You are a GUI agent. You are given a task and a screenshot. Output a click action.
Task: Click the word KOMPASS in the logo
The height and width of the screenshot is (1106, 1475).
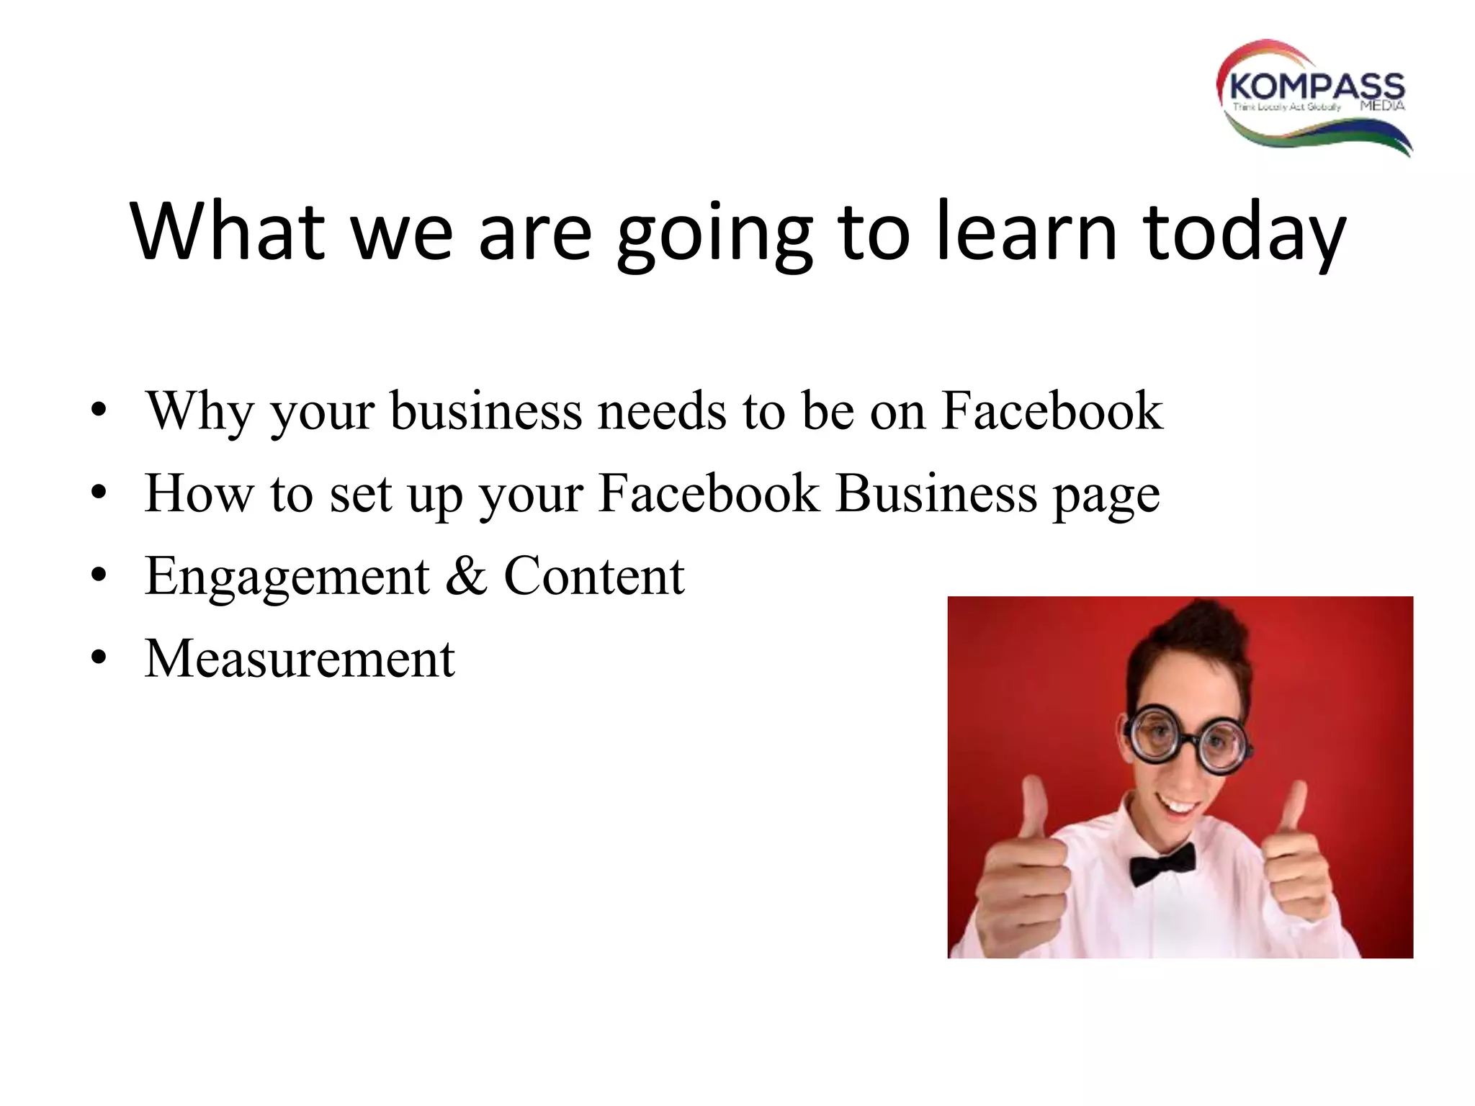pyautogui.click(x=1317, y=86)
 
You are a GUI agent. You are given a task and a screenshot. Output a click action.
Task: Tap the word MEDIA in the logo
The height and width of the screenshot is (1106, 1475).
pyautogui.click(x=1382, y=107)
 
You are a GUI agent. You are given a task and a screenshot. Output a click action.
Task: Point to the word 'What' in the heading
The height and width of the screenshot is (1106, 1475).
pyautogui.click(x=228, y=232)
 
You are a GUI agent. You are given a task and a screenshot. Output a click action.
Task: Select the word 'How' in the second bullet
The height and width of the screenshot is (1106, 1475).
pyautogui.click(x=199, y=494)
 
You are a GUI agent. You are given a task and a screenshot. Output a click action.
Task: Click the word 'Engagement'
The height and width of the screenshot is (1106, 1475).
pyautogui.click(x=287, y=577)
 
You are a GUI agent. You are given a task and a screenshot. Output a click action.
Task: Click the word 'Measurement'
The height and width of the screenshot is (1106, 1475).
pyautogui.click(x=300, y=658)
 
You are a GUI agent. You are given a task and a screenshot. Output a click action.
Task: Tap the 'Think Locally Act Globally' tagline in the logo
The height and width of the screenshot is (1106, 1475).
pyautogui.click(x=1286, y=107)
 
